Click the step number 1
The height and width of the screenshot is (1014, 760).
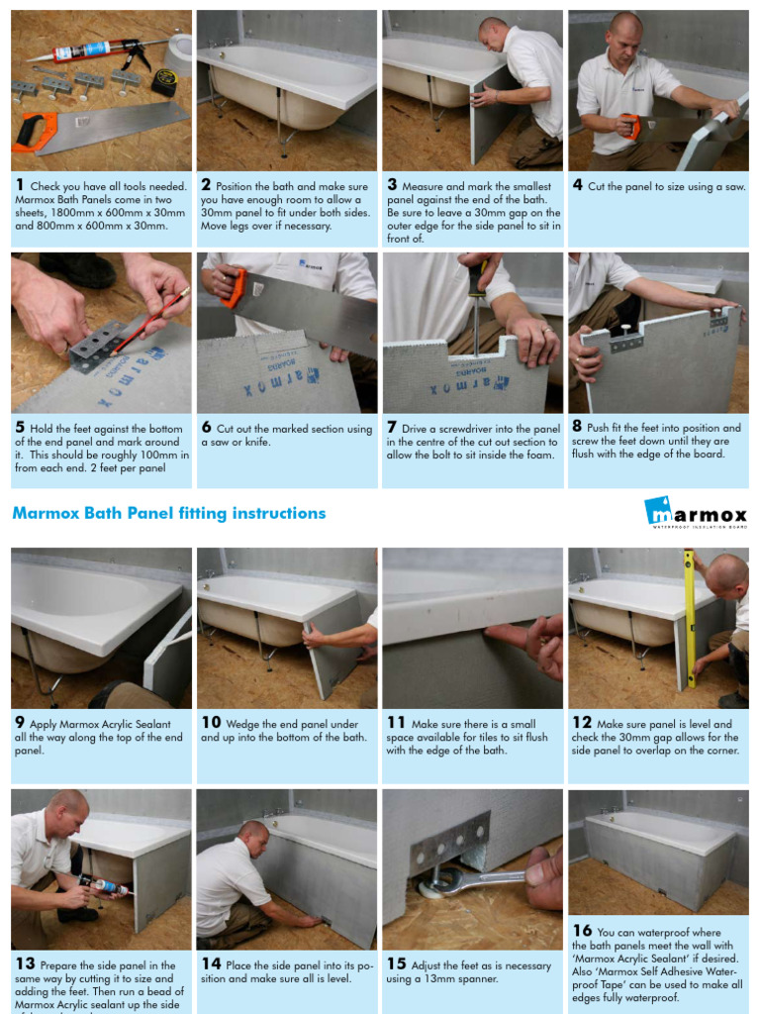(x=20, y=185)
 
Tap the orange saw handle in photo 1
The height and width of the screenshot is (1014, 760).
(x=34, y=132)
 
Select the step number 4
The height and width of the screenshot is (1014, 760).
(x=577, y=185)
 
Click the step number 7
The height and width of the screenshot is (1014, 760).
(x=392, y=428)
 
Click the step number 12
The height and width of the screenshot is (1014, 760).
(x=581, y=723)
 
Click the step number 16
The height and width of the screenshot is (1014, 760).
(x=582, y=931)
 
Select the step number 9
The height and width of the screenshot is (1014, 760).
(x=20, y=723)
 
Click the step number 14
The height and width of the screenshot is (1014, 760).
(x=211, y=963)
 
